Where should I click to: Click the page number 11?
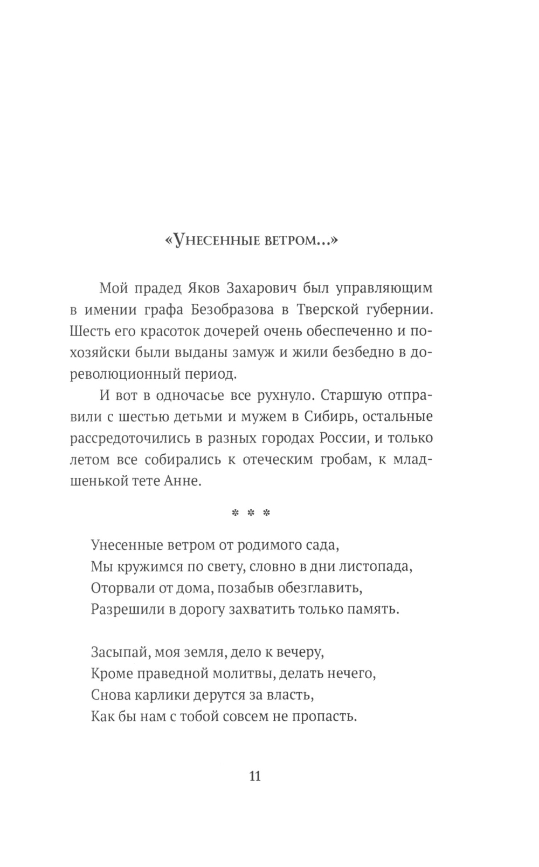point(255,776)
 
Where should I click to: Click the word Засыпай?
point(120,653)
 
